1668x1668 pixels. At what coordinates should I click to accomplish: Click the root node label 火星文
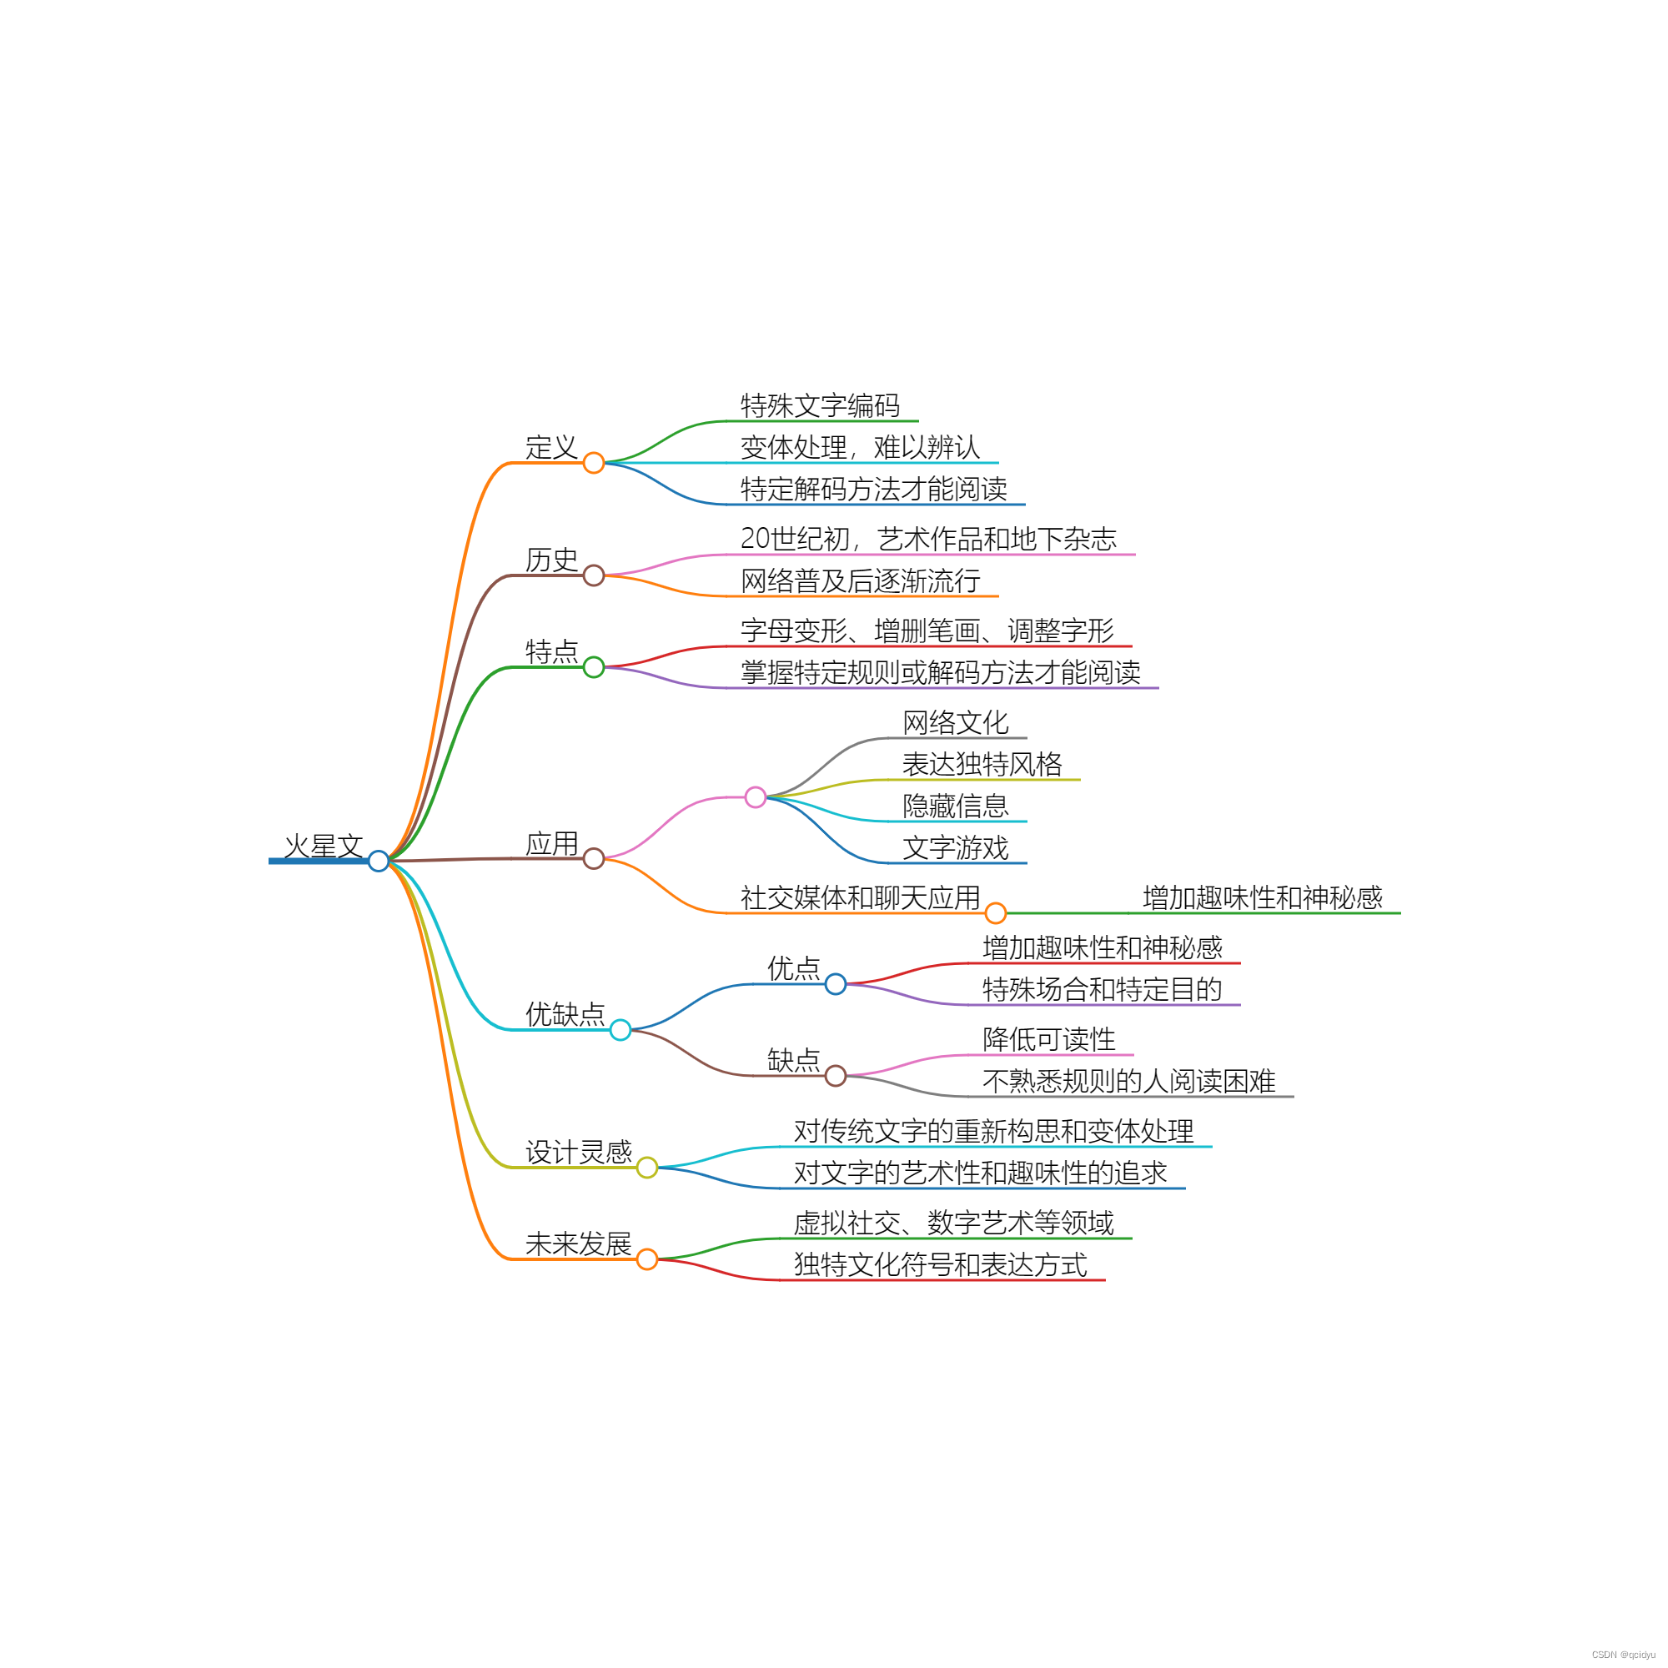pyautogui.click(x=324, y=846)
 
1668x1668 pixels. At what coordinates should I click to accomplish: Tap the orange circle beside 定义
pyautogui.click(x=593, y=463)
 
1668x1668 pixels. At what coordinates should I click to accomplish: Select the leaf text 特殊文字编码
pyautogui.click(x=820, y=405)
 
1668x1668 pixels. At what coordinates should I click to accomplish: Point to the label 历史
pyautogui.click(x=551, y=560)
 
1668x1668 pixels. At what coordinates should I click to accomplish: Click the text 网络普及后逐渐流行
pyautogui.click(x=860, y=581)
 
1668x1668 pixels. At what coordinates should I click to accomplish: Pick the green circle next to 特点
pyautogui.click(x=593, y=666)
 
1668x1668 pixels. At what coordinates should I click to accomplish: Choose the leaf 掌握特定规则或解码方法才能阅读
pyautogui.click(x=940, y=672)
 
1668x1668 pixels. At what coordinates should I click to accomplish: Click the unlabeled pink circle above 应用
pyautogui.click(x=756, y=796)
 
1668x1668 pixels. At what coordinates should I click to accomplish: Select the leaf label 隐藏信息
pyautogui.click(x=956, y=806)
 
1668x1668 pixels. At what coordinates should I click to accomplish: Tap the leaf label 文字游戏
pyautogui.click(x=956, y=848)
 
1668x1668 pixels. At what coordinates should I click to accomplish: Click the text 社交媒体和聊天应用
pyautogui.click(x=860, y=898)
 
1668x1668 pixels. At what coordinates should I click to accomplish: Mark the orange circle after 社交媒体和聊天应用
pyautogui.click(x=996, y=912)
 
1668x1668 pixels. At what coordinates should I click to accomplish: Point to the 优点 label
pyautogui.click(x=793, y=967)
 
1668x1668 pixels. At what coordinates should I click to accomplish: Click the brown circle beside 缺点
pyautogui.click(x=835, y=1076)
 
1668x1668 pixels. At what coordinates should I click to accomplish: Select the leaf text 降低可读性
pyautogui.click(x=1049, y=1039)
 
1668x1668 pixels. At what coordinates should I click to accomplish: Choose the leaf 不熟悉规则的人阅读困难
pyautogui.click(x=1128, y=1081)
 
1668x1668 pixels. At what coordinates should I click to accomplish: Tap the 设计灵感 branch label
pyautogui.click(x=579, y=1152)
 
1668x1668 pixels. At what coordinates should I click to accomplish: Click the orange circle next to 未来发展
pyautogui.click(x=646, y=1259)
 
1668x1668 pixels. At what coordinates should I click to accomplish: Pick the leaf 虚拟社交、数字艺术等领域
pyautogui.click(x=953, y=1223)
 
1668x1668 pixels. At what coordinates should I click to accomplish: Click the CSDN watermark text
pyautogui.click(x=1623, y=1655)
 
